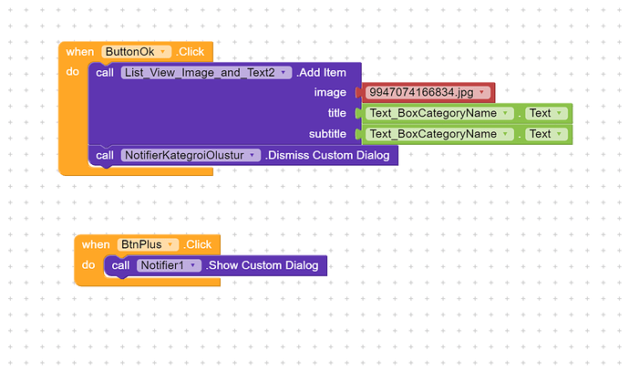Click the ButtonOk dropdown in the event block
137,52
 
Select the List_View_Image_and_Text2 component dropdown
206,73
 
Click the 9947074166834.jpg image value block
428,92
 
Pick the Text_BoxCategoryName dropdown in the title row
439,113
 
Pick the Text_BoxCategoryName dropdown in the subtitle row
439,134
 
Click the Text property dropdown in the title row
546,113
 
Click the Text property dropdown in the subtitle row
546,134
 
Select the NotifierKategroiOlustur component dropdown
191,155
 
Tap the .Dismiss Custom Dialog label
327,155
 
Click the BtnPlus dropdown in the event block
146,244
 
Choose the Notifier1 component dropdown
169,265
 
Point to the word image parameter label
330,92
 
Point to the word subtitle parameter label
326,134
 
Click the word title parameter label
336,113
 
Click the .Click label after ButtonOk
191,52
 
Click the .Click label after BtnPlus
198,244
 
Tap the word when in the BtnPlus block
96,244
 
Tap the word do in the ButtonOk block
72,72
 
